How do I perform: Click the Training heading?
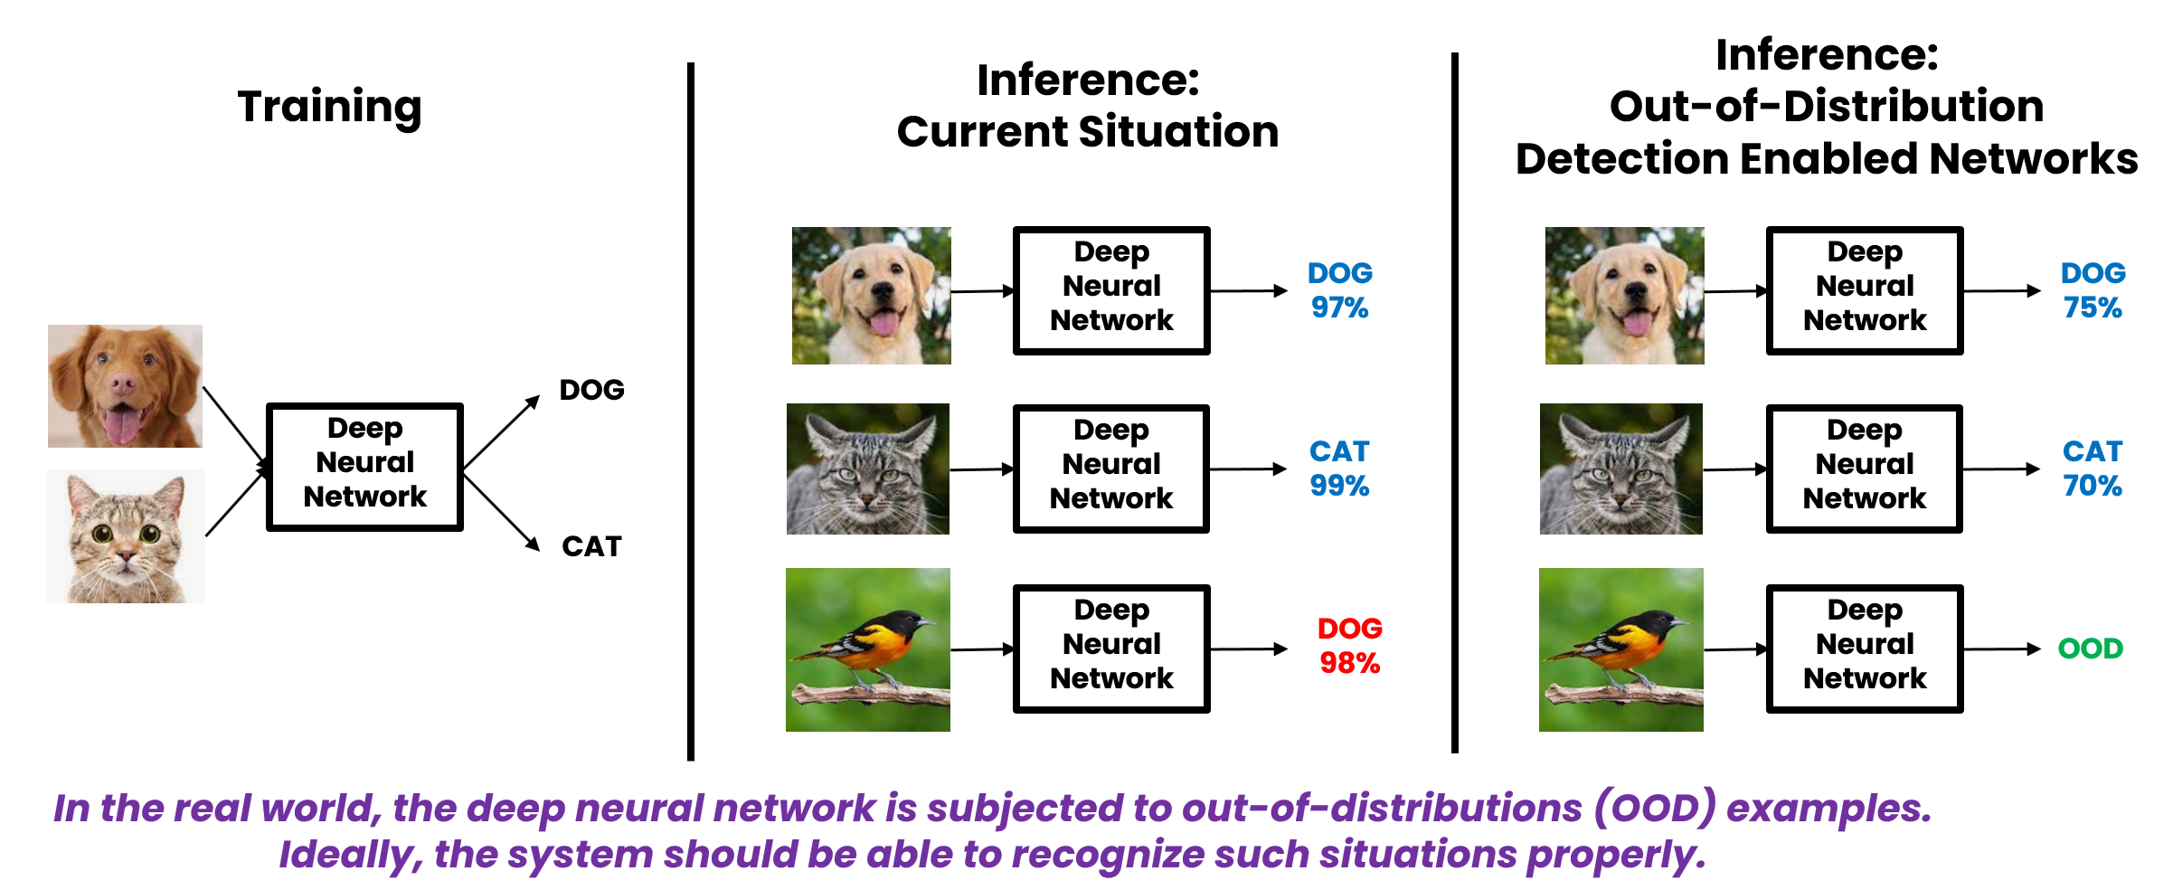tap(329, 108)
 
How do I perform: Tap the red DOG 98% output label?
tap(1349, 646)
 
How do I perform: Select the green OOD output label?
tap(2090, 649)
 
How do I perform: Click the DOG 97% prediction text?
tap(1339, 290)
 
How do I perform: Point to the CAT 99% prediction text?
tap(1339, 469)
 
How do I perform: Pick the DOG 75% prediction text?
tap(2093, 290)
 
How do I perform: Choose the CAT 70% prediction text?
tap(2093, 469)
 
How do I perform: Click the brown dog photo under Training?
tap(125, 386)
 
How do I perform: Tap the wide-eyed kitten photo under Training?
tap(126, 536)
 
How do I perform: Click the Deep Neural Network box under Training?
tap(364, 466)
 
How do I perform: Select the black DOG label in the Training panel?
tap(591, 390)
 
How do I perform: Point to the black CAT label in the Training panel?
tap(591, 546)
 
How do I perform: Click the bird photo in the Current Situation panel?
tap(868, 649)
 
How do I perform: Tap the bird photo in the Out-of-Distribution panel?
tap(1621, 649)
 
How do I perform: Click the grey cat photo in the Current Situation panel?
tap(868, 469)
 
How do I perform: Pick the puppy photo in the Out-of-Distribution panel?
tap(1625, 296)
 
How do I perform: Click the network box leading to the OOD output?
tap(1865, 649)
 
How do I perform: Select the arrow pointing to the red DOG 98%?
tap(1248, 649)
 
